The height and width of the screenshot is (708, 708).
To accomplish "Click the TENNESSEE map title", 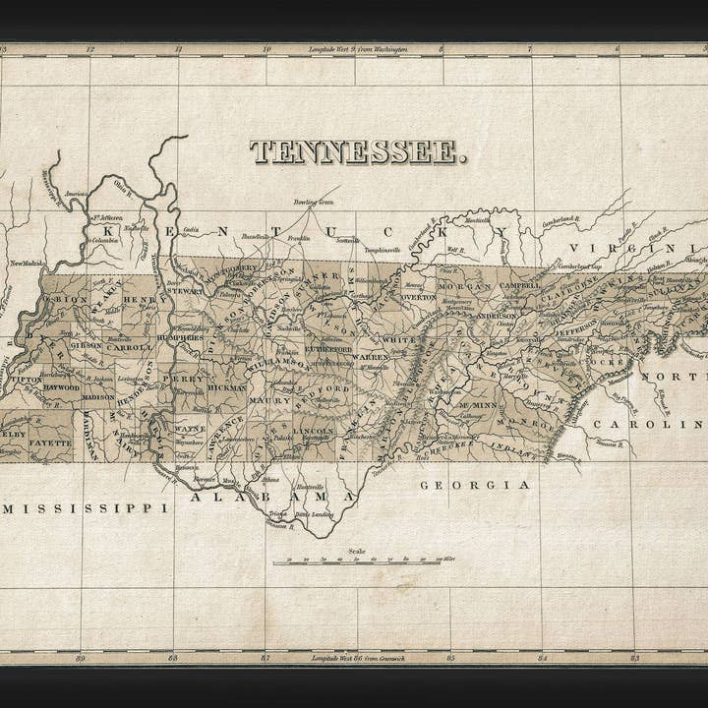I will (358, 152).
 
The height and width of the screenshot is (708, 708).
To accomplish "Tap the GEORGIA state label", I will (476, 485).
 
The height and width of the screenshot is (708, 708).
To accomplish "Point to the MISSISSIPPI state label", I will (84, 508).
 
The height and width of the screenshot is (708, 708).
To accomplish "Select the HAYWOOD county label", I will (61, 388).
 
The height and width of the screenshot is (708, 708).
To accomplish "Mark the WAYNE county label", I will (190, 429).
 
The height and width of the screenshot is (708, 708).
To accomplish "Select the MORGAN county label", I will (465, 286).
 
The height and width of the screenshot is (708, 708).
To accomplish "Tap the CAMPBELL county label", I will (519, 285).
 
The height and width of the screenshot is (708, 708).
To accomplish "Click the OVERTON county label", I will (418, 295).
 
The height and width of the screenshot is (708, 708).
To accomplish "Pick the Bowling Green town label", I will (313, 202).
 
